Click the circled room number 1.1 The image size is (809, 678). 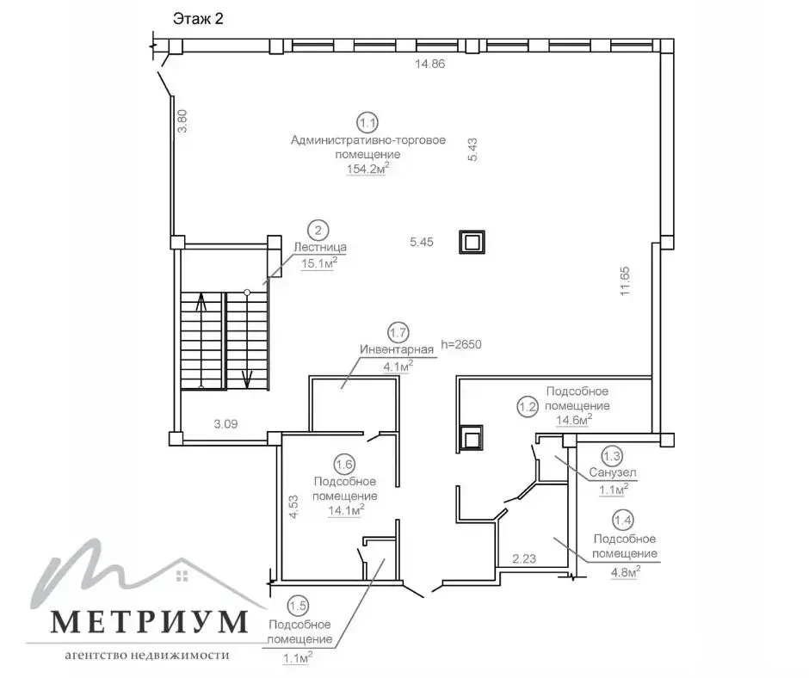coord(367,123)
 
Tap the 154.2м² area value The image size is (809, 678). coord(367,168)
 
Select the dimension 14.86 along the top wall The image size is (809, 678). coord(429,64)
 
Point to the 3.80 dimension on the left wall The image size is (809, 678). coord(182,121)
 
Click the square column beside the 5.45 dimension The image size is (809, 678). coord(472,242)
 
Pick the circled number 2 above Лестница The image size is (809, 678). coord(318,231)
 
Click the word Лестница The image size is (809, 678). coord(320,247)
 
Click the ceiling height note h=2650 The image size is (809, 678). coord(461,344)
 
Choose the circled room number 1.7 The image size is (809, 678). coord(398,333)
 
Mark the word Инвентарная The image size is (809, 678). coord(397,349)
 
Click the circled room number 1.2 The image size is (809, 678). coord(528,407)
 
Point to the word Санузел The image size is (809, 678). coord(613,472)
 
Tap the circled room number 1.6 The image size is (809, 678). coord(344,465)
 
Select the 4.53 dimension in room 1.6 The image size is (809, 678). coord(293,507)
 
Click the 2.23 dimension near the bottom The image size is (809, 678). coord(524,558)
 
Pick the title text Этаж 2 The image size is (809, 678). coord(198,20)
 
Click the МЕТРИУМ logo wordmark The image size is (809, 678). coord(149,622)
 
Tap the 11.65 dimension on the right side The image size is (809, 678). coord(626,280)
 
